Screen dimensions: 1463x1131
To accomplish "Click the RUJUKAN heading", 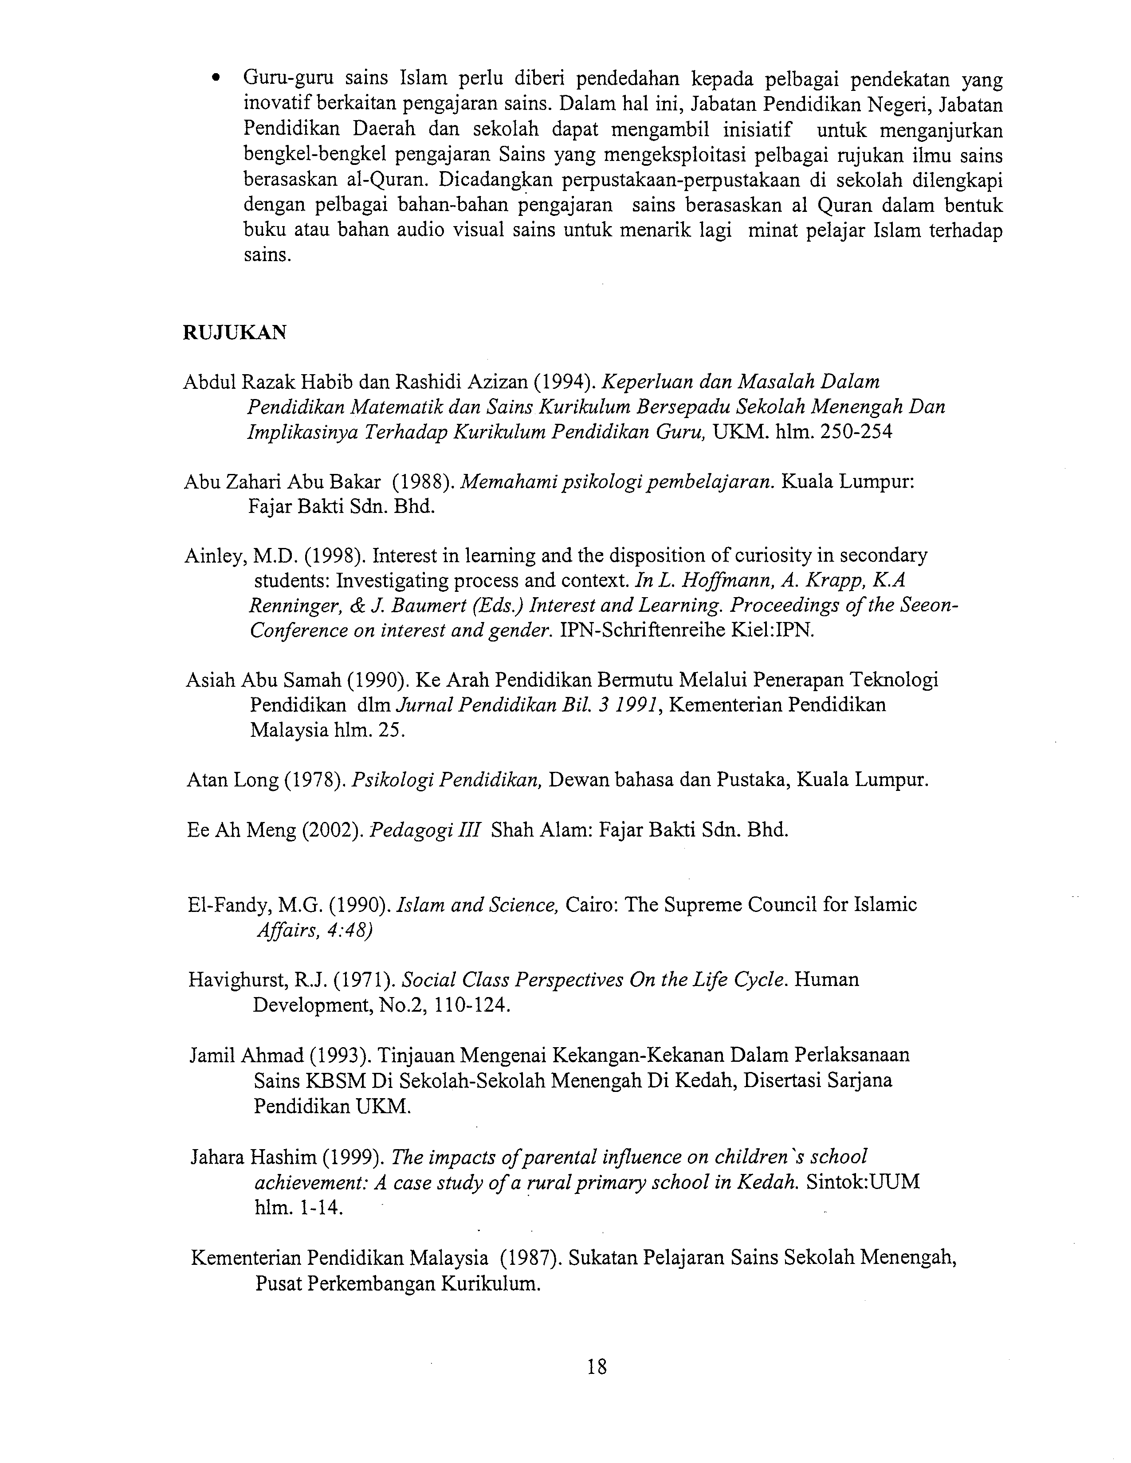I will click(x=235, y=332).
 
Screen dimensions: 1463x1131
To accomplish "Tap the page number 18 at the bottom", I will click(x=596, y=1366).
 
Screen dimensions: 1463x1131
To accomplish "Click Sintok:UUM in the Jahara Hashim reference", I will click(x=863, y=1181).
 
